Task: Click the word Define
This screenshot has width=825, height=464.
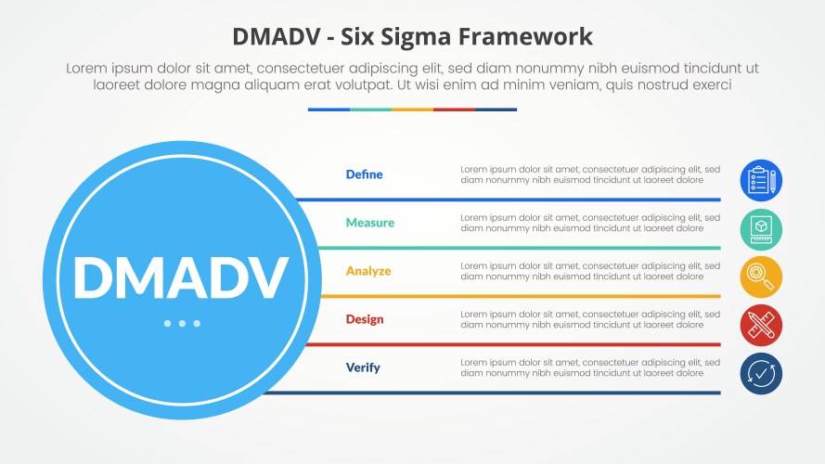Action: (x=364, y=174)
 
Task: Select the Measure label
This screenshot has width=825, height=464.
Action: (x=369, y=223)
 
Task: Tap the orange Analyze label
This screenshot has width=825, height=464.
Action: (x=367, y=271)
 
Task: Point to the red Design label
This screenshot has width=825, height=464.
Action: (x=364, y=319)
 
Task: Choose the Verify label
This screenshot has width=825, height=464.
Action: (x=363, y=367)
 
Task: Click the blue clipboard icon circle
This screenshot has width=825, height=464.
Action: (x=761, y=180)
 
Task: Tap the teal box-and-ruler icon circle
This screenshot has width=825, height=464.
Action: (x=761, y=228)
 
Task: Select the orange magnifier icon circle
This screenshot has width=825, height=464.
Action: (x=761, y=277)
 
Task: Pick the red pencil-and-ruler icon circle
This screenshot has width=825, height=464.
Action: (x=761, y=325)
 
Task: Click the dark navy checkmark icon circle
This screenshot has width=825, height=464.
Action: (x=761, y=373)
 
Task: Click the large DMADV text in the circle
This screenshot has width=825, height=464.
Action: (x=181, y=277)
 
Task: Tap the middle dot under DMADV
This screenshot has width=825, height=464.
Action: (x=182, y=323)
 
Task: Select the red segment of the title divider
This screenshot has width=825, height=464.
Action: (x=454, y=110)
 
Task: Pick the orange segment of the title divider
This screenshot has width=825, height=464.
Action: (x=412, y=110)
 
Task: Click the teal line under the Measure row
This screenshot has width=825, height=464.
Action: (x=520, y=248)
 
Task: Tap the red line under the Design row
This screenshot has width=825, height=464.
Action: (x=520, y=344)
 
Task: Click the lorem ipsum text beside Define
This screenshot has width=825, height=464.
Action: (x=589, y=174)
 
